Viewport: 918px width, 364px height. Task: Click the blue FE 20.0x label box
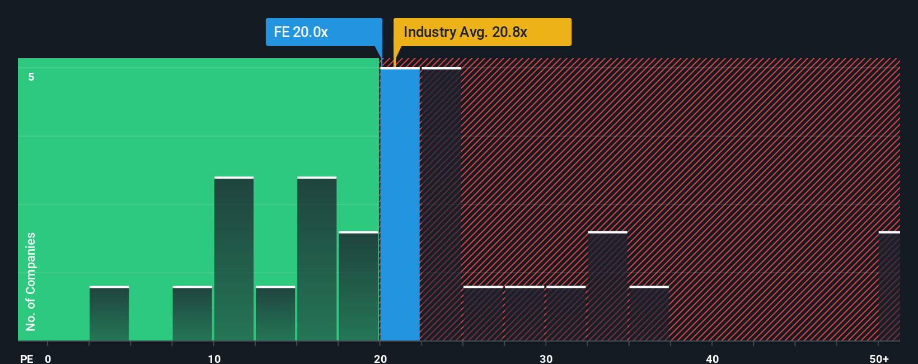(323, 32)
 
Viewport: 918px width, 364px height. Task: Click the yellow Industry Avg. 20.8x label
(481, 32)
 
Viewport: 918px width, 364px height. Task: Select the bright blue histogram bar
(400, 204)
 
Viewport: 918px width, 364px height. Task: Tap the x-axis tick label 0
(48, 358)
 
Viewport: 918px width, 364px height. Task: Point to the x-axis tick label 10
(214, 358)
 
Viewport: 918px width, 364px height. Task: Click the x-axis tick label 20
(380, 358)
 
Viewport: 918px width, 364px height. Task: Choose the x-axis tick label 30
(546, 358)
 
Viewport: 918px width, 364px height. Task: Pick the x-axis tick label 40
(712, 358)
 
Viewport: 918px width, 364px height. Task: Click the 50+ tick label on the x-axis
(879, 358)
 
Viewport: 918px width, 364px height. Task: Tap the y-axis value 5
(31, 77)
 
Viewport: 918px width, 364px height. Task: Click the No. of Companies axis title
(31, 281)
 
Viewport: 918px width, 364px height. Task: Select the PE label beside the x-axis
(26, 358)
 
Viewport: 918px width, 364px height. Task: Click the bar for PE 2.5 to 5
(109, 314)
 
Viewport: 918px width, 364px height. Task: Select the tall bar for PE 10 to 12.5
(234, 259)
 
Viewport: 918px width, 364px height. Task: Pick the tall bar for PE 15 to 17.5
(317, 259)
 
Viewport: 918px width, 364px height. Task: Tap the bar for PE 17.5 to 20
(358, 286)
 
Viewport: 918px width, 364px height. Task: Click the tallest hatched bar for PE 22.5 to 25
(441, 204)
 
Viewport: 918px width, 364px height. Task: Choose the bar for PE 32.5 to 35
(607, 286)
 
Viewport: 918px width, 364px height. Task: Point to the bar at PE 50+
(889, 286)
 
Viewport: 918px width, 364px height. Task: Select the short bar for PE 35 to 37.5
(649, 314)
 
